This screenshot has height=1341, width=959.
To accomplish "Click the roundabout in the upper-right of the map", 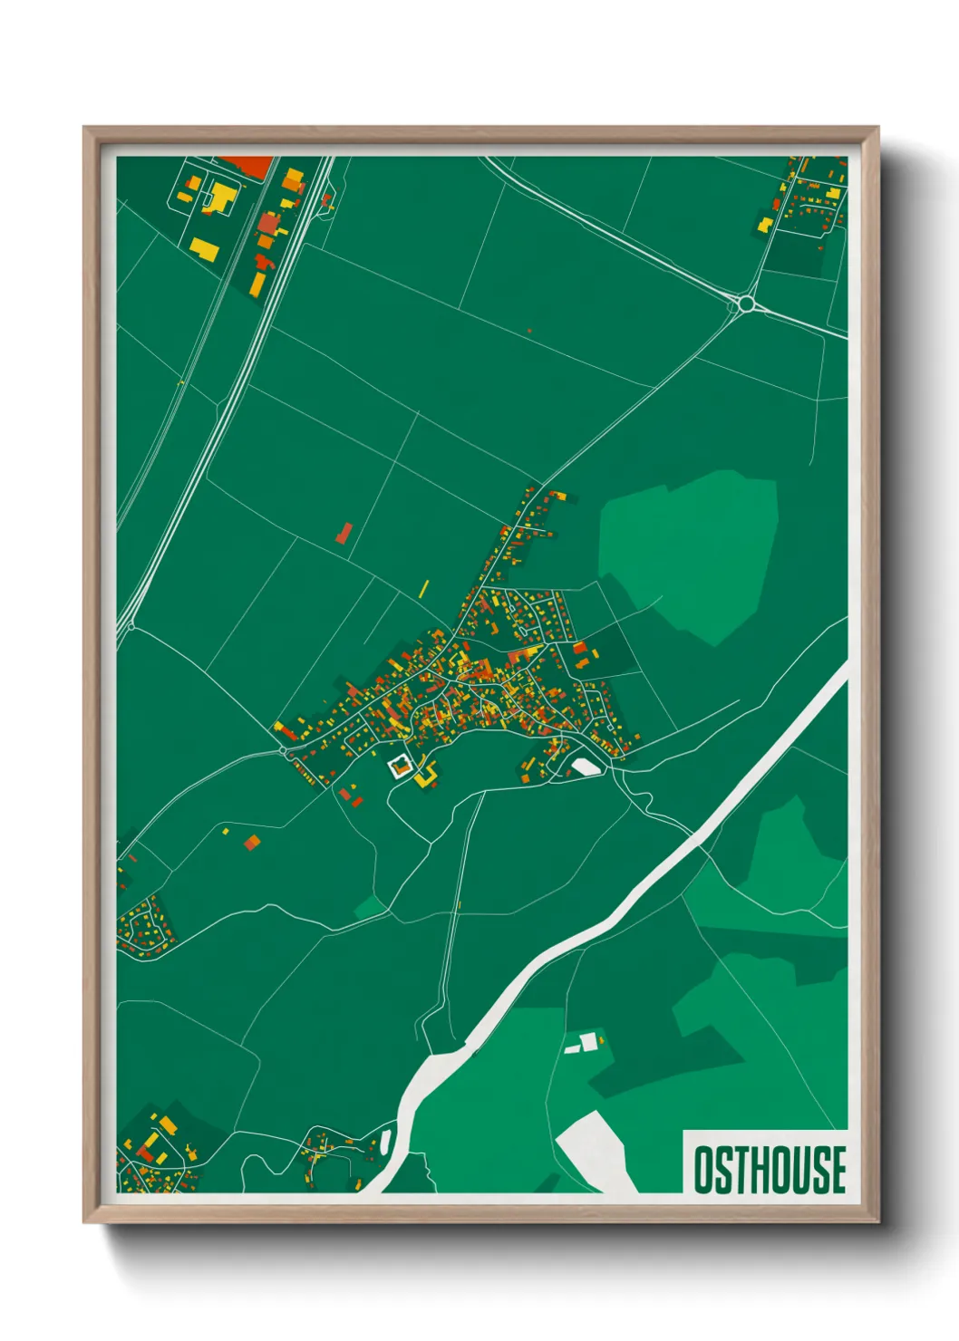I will (746, 304).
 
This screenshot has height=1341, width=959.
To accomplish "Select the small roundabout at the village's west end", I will (284, 751).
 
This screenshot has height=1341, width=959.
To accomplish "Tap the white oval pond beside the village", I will (584, 767).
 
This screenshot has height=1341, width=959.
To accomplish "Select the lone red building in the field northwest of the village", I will (344, 533).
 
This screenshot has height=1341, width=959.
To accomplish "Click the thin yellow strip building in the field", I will (423, 588).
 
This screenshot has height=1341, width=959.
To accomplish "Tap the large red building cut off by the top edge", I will (249, 166).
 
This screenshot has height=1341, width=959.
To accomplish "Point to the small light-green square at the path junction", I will (369, 907).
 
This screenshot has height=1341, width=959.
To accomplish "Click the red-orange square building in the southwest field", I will (252, 843).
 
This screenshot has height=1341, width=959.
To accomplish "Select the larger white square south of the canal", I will (589, 1042).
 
